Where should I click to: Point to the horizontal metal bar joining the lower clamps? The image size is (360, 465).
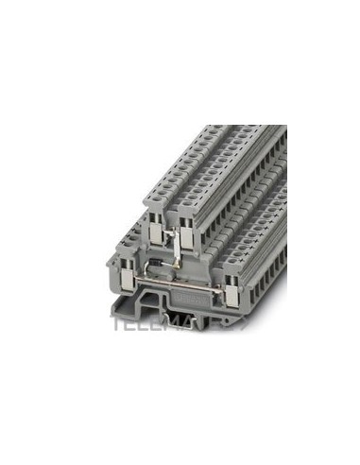[x=176, y=283]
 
